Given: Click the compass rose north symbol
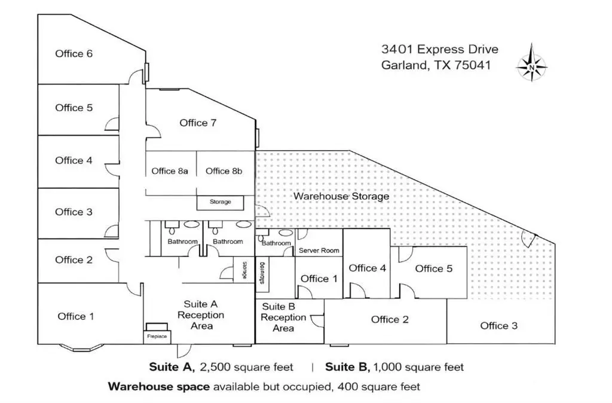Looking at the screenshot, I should click(x=531, y=63).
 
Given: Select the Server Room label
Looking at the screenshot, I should click(x=319, y=251).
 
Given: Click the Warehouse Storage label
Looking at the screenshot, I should click(x=341, y=196).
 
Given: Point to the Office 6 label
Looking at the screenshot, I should click(x=74, y=54).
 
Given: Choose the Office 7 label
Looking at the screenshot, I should click(x=198, y=123).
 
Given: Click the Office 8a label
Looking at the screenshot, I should click(x=170, y=171).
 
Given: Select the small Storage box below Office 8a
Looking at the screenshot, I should click(x=220, y=202).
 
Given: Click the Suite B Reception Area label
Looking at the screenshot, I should click(x=283, y=317).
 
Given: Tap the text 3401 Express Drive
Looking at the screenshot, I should click(x=439, y=49).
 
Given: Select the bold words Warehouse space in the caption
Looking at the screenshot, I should click(x=158, y=386).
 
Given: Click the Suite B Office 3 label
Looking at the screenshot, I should click(x=498, y=326).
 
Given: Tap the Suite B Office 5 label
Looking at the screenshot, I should click(x=433, y=268).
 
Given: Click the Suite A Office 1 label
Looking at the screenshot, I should click(x=75, y=316).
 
